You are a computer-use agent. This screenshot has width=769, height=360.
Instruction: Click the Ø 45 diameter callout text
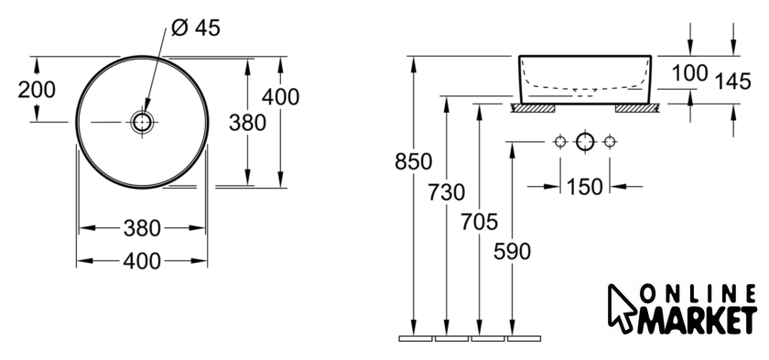coord(196,27)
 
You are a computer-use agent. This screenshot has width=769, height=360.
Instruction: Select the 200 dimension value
coord(37,90)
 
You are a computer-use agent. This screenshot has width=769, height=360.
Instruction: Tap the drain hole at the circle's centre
coord(142,122)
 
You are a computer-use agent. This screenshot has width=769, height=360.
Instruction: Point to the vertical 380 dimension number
coord(247,123)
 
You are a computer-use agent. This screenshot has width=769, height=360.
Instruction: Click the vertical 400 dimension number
coord(280,96)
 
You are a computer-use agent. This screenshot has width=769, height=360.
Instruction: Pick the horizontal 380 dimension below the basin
coord(142,228)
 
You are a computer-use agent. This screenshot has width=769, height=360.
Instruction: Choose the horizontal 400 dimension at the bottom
coord(142,261)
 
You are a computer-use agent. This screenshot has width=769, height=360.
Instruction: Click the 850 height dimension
coord(414,161)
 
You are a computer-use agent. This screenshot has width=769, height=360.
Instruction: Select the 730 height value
coord(447,192)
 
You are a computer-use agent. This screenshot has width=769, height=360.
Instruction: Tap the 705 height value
coord(479,222)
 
